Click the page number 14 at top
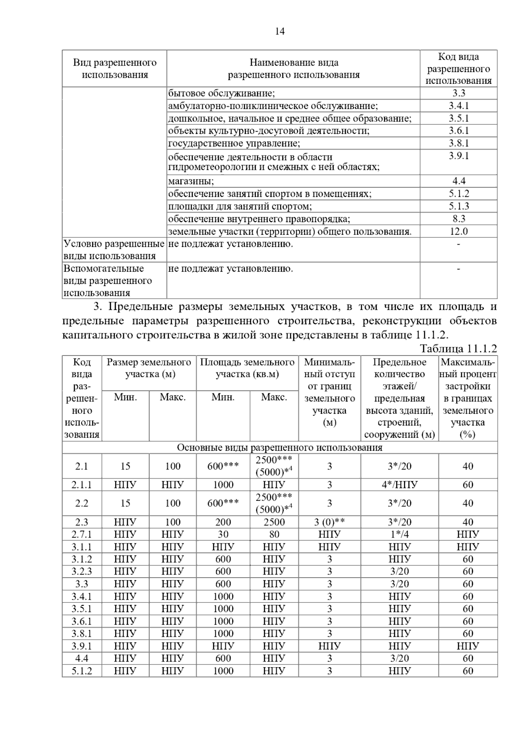tap(280, 32)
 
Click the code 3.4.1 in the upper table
tap(458, 106)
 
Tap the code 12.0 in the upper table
tap(458, 231)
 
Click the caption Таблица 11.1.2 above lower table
tap(458, 349)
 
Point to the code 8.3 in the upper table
tap(458, 219)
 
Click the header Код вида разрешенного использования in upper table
tap(458, 69)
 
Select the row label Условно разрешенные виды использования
tap(114, 250)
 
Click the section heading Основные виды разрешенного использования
tap(279, 448)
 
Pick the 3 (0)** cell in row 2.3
tap(329, 522)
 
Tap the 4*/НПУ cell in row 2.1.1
tap(399, 485)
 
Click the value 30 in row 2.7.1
tap(223, 535)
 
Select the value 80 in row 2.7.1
tap(274, 535)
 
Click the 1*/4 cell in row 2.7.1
tap(399, 535)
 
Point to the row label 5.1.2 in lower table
tap(81, 671)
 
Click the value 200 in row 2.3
tap(223, 522)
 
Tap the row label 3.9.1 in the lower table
tap(81, 646)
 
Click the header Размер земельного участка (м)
tap(149, 368)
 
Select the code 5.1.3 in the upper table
tap(458, 206)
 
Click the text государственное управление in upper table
tap(234, 143)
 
